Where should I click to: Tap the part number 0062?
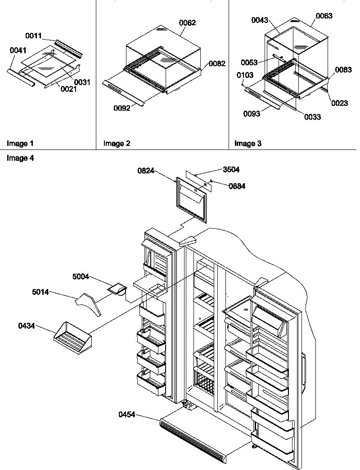click(187, 23)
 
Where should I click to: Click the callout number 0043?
click(260, 20)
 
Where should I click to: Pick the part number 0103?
click(246, 75)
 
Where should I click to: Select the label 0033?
click(312, 117)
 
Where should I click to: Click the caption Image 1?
click(20, 144)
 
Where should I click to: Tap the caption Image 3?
click(248, 144)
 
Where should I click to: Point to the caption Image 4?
click(20, 158)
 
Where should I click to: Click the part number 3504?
click(231, 170)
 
